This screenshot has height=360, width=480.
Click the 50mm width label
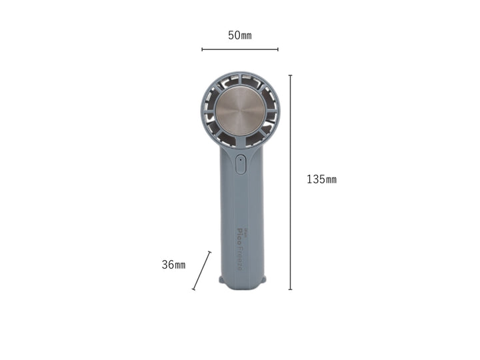240,35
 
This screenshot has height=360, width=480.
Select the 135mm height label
321,179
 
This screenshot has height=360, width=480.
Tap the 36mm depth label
173,265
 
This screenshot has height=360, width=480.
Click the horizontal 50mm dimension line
240,49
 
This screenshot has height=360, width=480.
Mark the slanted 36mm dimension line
201,271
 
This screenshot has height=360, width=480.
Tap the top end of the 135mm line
290,75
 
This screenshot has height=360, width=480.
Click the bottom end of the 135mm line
290,289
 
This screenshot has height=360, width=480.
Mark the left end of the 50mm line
202,49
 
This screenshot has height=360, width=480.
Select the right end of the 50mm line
278,49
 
